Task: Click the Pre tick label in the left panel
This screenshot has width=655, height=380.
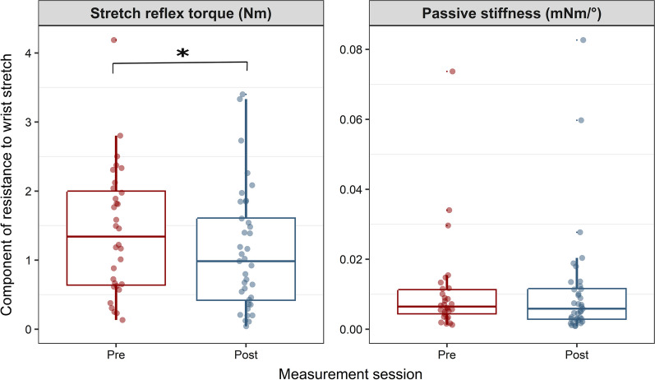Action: point(116,355)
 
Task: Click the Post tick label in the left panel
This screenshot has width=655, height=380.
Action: point(246,355)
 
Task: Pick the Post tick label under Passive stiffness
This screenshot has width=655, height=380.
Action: point(577,355)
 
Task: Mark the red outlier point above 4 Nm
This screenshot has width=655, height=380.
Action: point(115,39)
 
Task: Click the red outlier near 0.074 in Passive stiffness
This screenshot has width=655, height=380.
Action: point(452,72)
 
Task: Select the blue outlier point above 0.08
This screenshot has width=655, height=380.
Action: point(583,39)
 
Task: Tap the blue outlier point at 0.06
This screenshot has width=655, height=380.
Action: point(581,120)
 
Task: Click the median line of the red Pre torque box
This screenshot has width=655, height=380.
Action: point(116,236)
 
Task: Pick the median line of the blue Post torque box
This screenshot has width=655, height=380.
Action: point(246,261)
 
